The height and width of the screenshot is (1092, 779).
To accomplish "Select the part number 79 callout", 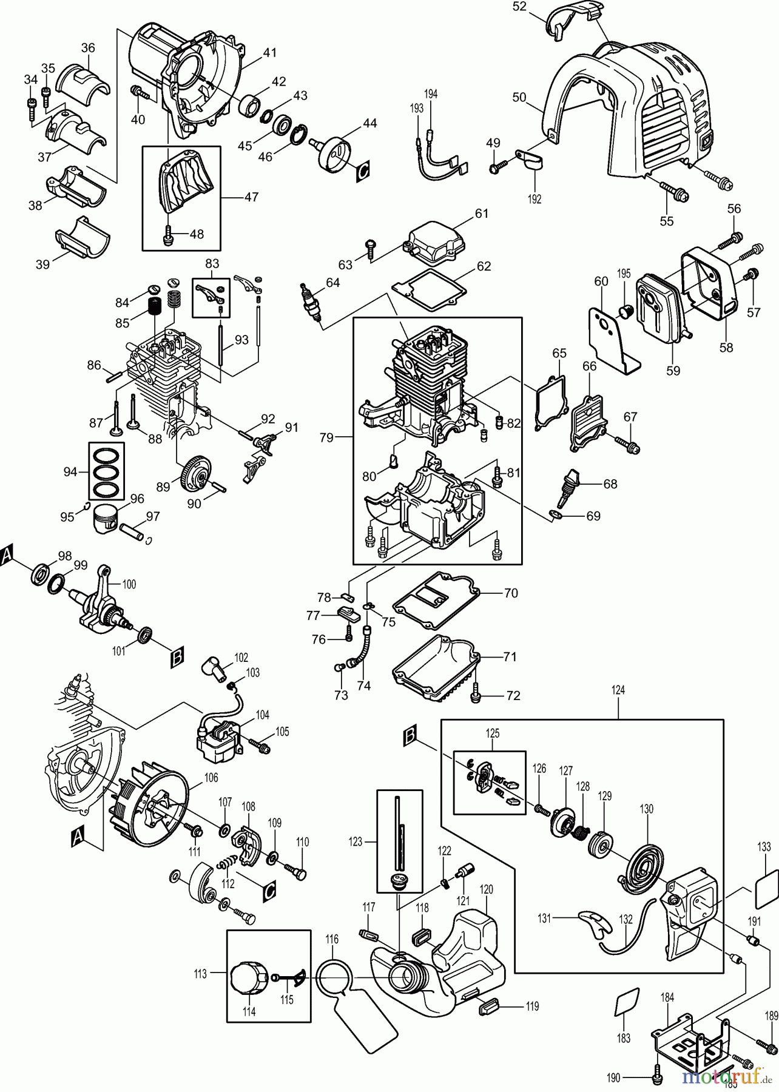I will tap(327, 437).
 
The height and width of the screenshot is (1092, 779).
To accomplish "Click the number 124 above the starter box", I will tap(618, 690).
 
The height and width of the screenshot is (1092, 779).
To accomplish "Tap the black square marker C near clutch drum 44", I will tap(362, 171).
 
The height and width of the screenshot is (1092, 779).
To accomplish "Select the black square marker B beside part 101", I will tap(177, 658).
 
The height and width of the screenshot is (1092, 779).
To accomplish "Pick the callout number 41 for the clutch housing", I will tap(269, 53).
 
